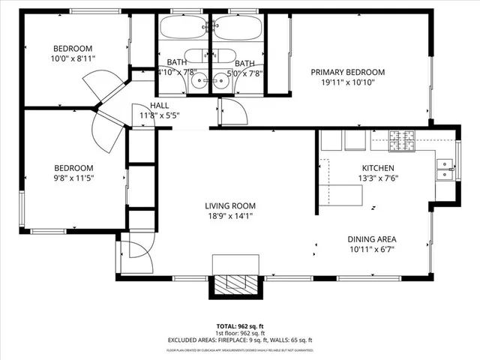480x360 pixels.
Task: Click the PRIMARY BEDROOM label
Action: [x=348, y=72]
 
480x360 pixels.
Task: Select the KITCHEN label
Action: [x=378, y=168]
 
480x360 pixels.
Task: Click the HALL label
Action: [x=160, y=106]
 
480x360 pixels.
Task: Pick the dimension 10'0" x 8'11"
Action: [x=73, y=58]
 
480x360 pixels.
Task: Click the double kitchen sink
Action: [x=445, y=171]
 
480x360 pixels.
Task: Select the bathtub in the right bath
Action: [x=238, y=28]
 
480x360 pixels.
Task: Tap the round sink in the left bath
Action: [x=200, y=82]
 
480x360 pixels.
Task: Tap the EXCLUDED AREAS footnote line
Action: [x=240, y=340]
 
